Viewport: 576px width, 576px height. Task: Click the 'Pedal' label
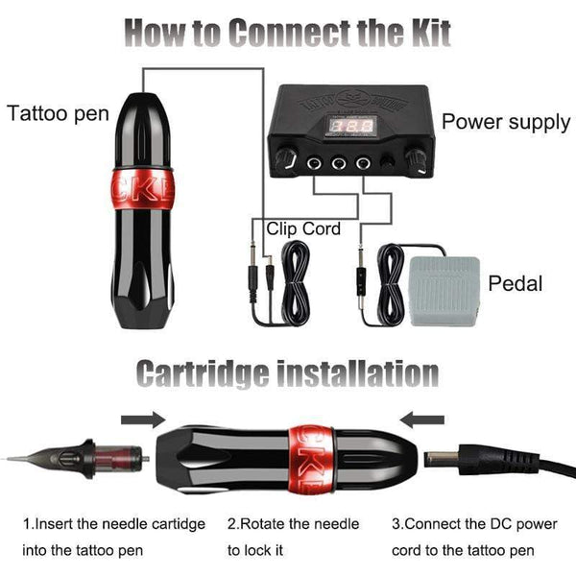pos(516,283)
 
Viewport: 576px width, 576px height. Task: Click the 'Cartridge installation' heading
pos(287,372)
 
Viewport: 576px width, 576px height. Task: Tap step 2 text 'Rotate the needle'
pos(293,524)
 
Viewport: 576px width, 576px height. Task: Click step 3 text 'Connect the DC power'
pos(474,524)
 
